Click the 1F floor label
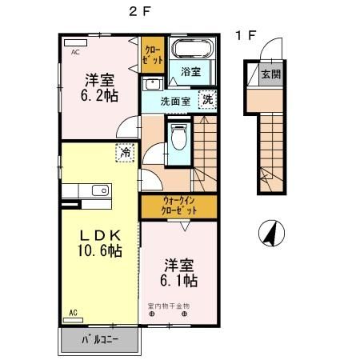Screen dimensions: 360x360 tap(245, 35)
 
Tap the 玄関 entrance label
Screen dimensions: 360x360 tap(271, 75)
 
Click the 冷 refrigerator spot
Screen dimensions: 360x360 tap(126, 151)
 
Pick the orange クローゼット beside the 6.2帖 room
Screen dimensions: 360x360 tap(153, 54)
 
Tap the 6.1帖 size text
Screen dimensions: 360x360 tap(178, 281)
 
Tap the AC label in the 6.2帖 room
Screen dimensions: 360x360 tap(75, 52)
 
